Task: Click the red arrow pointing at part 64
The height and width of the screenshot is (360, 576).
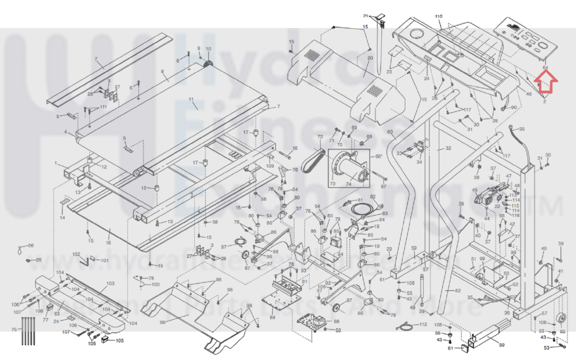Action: coord(545,81)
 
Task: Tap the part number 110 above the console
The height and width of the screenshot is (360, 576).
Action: coord(438,17)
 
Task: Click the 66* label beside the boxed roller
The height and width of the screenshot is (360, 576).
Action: coord(379,157)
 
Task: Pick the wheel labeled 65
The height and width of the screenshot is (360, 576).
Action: coord(561,319)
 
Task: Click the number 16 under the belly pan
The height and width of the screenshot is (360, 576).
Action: coord(108,243)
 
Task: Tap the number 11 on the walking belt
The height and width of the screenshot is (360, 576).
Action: coord(191,99)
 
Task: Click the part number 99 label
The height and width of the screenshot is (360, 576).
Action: coord(162,322)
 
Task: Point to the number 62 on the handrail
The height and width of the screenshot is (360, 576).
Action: coord(457,291)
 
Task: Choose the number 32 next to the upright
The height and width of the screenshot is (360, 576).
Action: coord(448,148)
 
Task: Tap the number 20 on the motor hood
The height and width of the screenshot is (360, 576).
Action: coord(370,58)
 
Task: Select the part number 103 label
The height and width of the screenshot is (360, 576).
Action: coord(110,284)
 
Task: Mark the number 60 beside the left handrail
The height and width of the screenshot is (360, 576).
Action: coord(390,132)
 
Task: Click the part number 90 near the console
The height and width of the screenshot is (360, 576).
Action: coord(514,107)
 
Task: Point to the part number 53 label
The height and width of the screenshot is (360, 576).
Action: coord(546,348)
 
